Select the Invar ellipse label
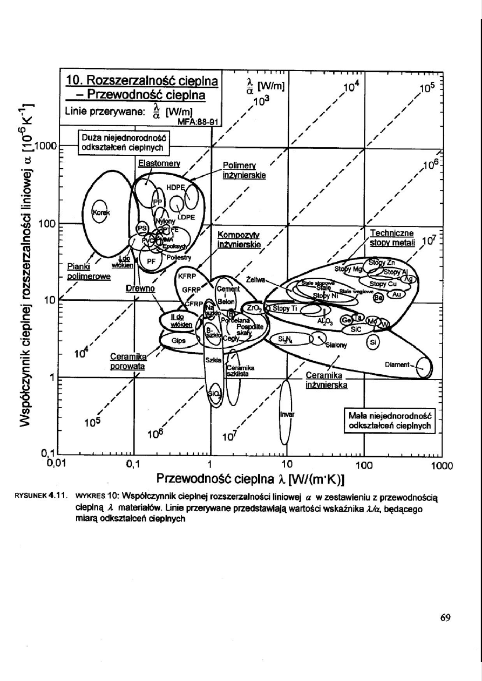pyautogui.click(x=286, y=415)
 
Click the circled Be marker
pyautogui.click(x=379, y=298)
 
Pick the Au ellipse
pyautogui.click(x=397, y=294)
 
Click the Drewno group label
pyautogui.click(x=140, y=289)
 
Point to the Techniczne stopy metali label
pyautogui.click(x=391, y=238)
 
